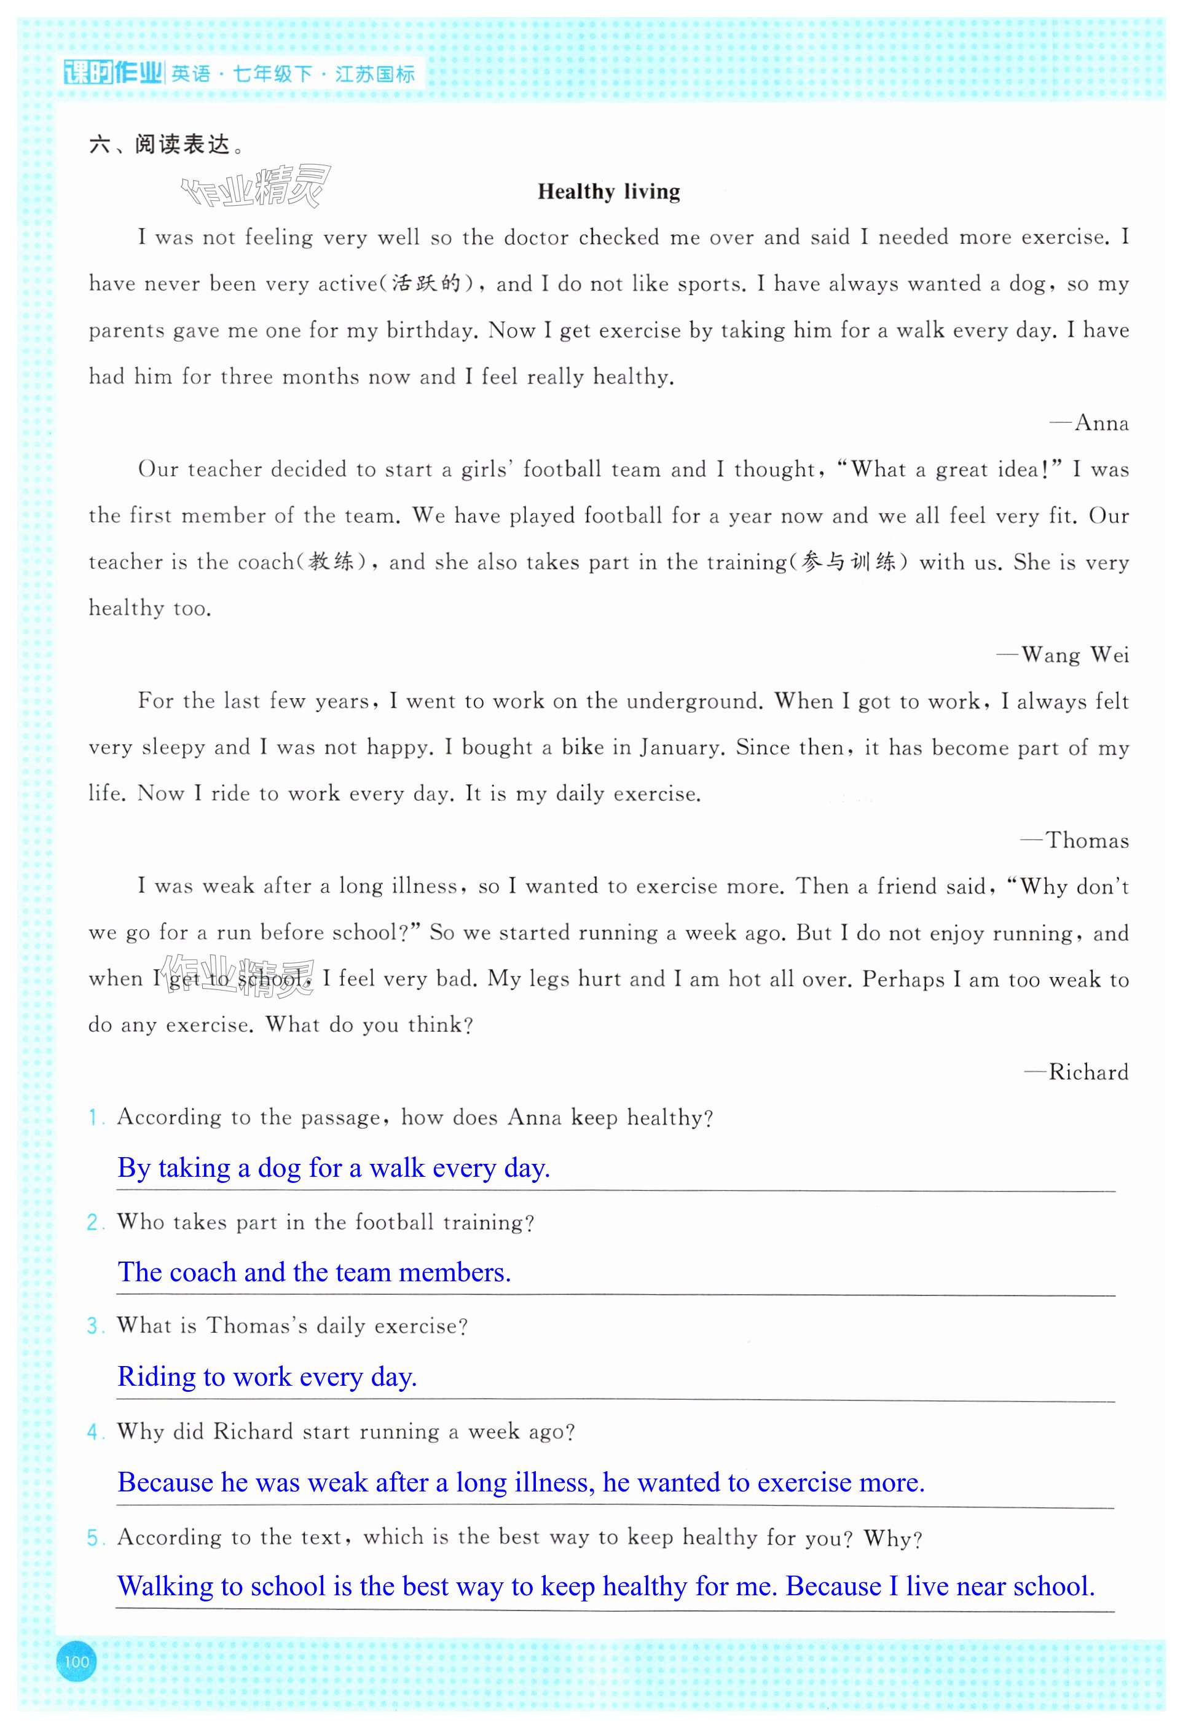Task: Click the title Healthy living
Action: tap(608, 192)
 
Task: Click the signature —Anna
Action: tap(1090, 423)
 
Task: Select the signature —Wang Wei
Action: tap(1063, 655)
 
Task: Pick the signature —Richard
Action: tap(1077, 1072)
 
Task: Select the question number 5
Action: tap(93, 1538)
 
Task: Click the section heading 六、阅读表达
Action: tap(165, 144)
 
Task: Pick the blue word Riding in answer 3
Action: tap(155, 1377)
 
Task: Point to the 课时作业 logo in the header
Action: tap(112, 74)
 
